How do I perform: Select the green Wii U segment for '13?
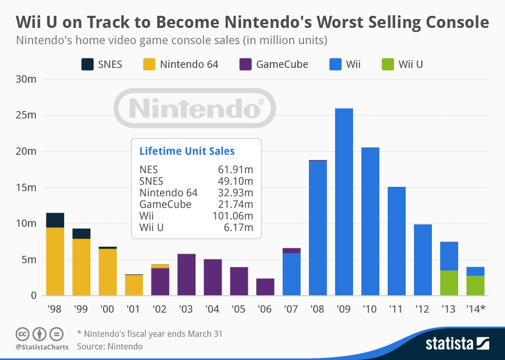[x=449, y=283]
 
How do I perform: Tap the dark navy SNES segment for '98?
[x=55, y=220]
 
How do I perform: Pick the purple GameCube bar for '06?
[x=265, y=287]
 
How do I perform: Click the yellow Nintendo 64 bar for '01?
[x=134, y=285]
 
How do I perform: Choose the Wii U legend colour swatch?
[x=387, y=65]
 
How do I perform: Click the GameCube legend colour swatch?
[x=245, y=65]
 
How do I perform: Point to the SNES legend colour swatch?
[x=87, y=65]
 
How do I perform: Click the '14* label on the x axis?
[x=476, y=309]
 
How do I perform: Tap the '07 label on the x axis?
[x=291, y=309]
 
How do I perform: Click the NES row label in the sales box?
[x=148, y=169]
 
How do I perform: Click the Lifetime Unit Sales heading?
[x=187, y=151]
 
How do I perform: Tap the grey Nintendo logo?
[x=195, y=108]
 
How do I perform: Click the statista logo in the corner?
[x=457, y=344]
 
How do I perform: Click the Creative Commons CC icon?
[x=22, y=334]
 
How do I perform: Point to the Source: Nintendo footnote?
[x=109, y=346]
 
